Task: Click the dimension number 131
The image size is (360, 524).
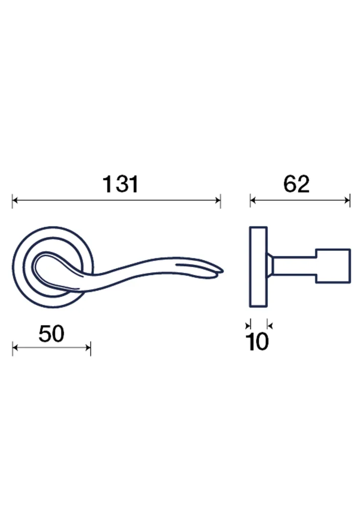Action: pos(120,184)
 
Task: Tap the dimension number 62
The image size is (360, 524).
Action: pos(296,184)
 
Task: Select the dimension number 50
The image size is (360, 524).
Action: pos(51,334)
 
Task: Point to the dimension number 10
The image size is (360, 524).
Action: pos(257,341)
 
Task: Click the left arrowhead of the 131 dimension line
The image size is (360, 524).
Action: pos(15,201)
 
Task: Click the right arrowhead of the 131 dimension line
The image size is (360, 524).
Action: pos(218,201)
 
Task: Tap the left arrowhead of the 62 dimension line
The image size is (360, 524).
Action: pos(253,201)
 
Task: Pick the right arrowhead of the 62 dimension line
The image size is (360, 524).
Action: pos(347,201)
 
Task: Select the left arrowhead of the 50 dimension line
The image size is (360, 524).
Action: pos(15,348)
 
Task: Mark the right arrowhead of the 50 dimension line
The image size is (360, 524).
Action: pos(88,348)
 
